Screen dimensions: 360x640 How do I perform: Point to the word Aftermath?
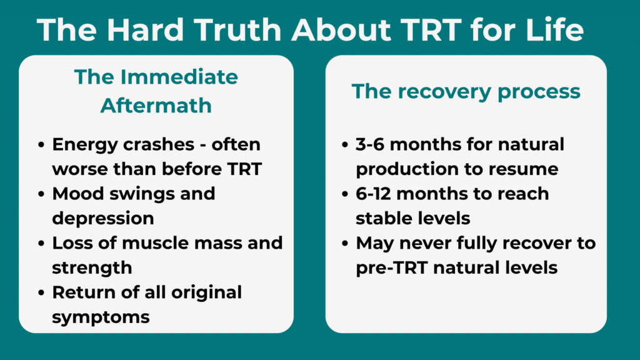click(156, 105)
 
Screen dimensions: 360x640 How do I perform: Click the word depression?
click(102, 218)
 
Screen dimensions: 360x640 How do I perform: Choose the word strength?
click(92, 267)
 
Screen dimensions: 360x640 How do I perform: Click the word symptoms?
click(101, 316)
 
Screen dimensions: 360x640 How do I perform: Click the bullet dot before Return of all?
click(41, 292)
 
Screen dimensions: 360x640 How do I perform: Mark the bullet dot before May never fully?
click(345, 243)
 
